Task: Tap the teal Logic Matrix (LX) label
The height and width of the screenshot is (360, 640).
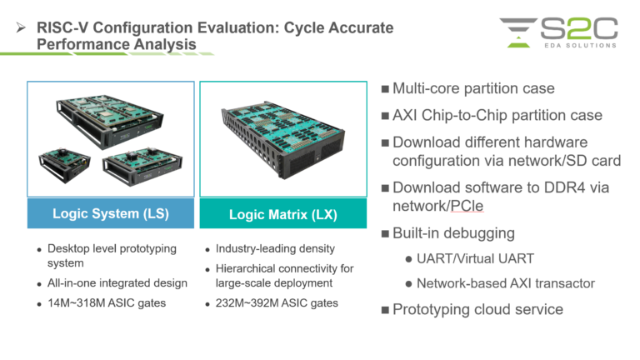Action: [x=282, y=214]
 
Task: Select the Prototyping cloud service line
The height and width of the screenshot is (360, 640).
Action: [x=477, y=310]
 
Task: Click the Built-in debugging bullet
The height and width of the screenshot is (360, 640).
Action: [x=455, y=232]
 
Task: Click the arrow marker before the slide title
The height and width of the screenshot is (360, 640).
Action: [x=22, y=28]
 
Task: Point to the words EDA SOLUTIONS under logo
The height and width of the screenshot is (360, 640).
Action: [x=577, y=45]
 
